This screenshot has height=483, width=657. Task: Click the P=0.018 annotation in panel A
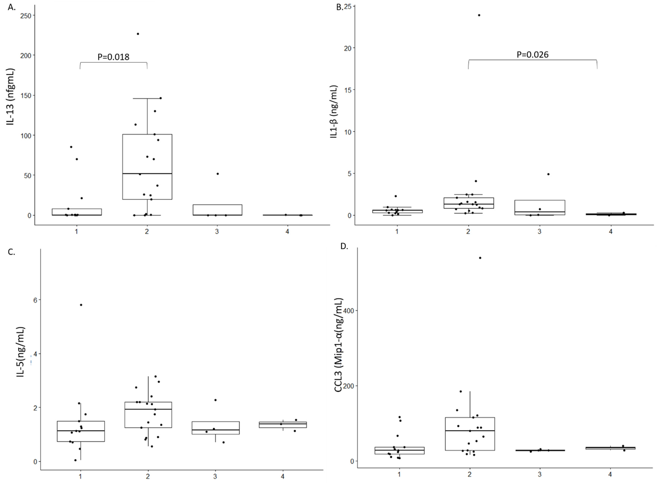tap(113, 57)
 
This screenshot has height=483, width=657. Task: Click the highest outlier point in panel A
tap(138, 34)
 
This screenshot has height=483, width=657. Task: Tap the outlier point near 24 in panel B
tap(479, 15)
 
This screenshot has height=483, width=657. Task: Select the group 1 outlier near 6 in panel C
tap(81, 305)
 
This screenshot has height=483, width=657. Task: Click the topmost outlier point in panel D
tap(480, 258)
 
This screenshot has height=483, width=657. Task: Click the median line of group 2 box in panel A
tap(147, 174)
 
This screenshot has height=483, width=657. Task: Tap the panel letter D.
tap(344, 246)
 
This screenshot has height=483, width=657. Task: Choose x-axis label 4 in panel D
tap(610, 475)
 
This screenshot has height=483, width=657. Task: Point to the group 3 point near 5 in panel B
tap(548, 174)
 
